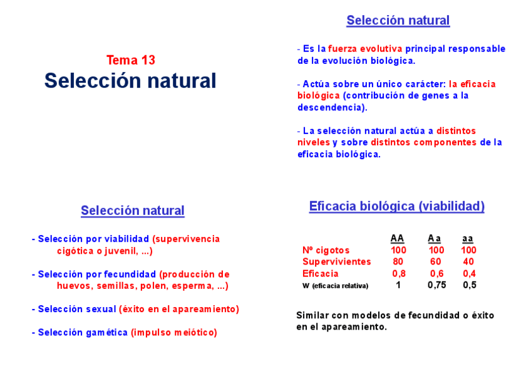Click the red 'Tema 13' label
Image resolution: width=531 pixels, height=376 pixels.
click(x=130, y=60)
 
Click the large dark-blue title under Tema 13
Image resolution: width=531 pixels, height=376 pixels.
click(x=130, y=81)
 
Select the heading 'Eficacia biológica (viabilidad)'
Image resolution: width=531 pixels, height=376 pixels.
click(x=396, y=206)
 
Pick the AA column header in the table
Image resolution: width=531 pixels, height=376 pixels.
click(x=397, y=238)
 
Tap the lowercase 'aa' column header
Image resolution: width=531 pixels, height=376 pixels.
click(x=468, y=238)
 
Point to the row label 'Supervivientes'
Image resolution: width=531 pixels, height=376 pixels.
click(x=336, y=261)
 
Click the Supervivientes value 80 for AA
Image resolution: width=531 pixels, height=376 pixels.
click(x=398, y=261)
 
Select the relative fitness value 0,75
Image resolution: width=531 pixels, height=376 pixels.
click(x=436, y=285)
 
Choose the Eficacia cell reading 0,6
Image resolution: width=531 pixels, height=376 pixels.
click(x=436, y=273)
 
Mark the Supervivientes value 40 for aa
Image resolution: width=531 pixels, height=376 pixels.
click(x=468, y=261)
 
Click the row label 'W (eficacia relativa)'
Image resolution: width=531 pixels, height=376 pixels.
click(x=335, y=286)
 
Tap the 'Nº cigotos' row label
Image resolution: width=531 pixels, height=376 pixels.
click(x=326, y=250)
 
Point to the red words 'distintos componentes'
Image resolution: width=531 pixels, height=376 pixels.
click(x=423, y=142)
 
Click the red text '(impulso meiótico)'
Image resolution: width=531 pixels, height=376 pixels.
click(x=173, y=332)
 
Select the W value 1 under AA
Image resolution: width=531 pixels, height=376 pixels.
click(x=398, y=285)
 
